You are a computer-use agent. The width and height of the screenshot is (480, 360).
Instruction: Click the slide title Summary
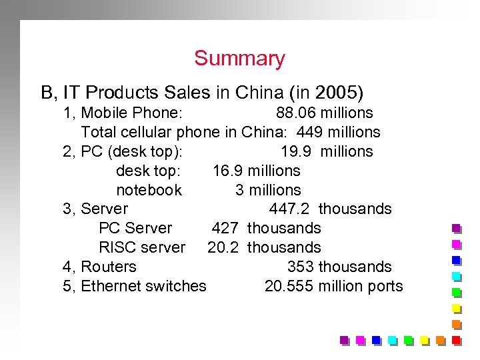(239, 59)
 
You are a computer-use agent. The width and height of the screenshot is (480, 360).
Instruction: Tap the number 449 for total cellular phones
(310, 133)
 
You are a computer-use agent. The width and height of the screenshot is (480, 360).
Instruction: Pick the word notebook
(149, 191)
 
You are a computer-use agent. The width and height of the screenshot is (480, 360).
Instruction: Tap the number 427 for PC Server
(225, 229)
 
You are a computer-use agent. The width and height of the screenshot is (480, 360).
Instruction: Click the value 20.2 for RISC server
(223, 248)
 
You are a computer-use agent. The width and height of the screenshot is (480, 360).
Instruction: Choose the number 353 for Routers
(301, 267)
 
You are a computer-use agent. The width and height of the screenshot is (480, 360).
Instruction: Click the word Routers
(108, 267)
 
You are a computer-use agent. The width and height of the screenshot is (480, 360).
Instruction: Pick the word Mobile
(105, 113)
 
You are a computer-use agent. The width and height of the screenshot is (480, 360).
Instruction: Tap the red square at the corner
(457, 340)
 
